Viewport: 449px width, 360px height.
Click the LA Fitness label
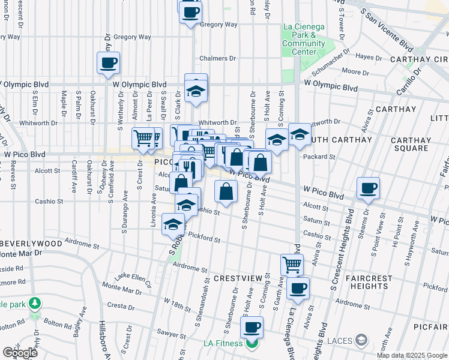pyautogui.click(x=223, y=343)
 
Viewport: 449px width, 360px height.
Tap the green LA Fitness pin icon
pyautogui.click(x=251, y=344)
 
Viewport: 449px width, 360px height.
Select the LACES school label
pyautogui.click(x=340, y=341)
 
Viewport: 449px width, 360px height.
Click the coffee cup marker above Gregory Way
pyautogui.click(x=191, y=11)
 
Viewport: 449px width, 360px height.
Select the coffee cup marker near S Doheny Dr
pyautogui.click(x=108, y=62)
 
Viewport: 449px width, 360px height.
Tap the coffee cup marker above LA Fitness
pyautogui.click(x=252, y=327)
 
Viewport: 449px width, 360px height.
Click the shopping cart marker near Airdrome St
pyautogui.click(x=292, y=263)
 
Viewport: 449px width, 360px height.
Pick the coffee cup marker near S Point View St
pyautogui.click(x=368, y=188)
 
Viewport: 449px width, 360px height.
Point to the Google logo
pyautogui.click(x=20, y=353)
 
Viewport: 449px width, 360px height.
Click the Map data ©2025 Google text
pyautogui.click(x=412, y=355)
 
